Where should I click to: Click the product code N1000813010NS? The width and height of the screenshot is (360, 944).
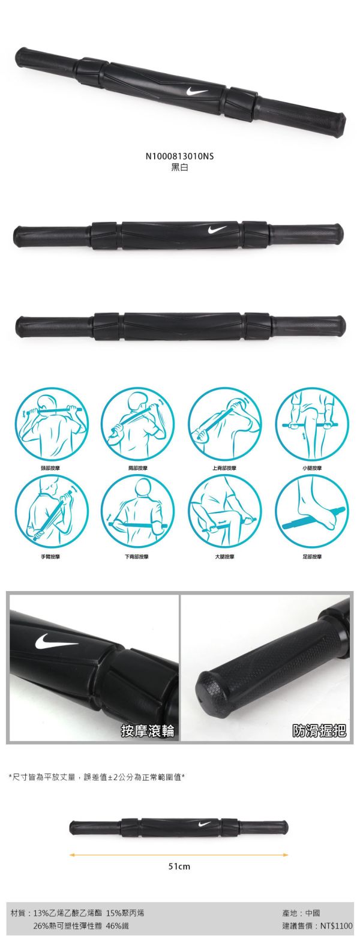click(x=179, y=157)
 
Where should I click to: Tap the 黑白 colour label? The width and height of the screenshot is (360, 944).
click(x=179, y=167)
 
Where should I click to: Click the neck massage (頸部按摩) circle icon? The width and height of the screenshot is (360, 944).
click(x=50, y=423)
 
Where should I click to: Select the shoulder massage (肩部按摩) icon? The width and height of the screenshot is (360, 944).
click(x=137, y=423)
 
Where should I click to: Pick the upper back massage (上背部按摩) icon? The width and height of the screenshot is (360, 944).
click(x=224, y=423)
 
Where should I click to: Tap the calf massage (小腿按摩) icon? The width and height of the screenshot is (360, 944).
click(x=311, y=423)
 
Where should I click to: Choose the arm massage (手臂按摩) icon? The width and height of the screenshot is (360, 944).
click(x=50, y=511)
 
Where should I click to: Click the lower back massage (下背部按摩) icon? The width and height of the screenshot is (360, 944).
click(x=137, y=511)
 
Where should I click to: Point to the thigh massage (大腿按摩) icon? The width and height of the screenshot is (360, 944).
click(x=224, y=511)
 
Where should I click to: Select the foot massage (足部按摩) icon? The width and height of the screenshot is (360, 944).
click(x=311, y=511)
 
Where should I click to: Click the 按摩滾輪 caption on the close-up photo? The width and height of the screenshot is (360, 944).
click(x=148, y=730)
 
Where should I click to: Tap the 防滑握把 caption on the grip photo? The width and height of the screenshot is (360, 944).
click(x=319, y=730)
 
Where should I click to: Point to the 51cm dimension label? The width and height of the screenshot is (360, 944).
click(x=179, y=867)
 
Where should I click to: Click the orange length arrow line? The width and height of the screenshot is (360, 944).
click(x=179, y=855)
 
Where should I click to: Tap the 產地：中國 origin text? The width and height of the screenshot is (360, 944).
click(x=301, y=913)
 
